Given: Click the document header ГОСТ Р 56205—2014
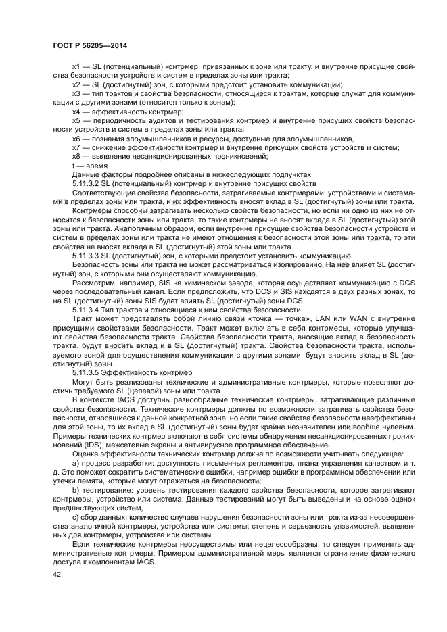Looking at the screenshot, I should pos(89,45).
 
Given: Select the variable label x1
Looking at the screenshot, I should pos(76,68).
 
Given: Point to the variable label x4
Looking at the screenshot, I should pos(76,111).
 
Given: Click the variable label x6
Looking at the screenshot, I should pos(76,138).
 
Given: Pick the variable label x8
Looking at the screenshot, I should pos(76,155).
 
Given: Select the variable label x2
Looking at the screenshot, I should pos(76,84).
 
